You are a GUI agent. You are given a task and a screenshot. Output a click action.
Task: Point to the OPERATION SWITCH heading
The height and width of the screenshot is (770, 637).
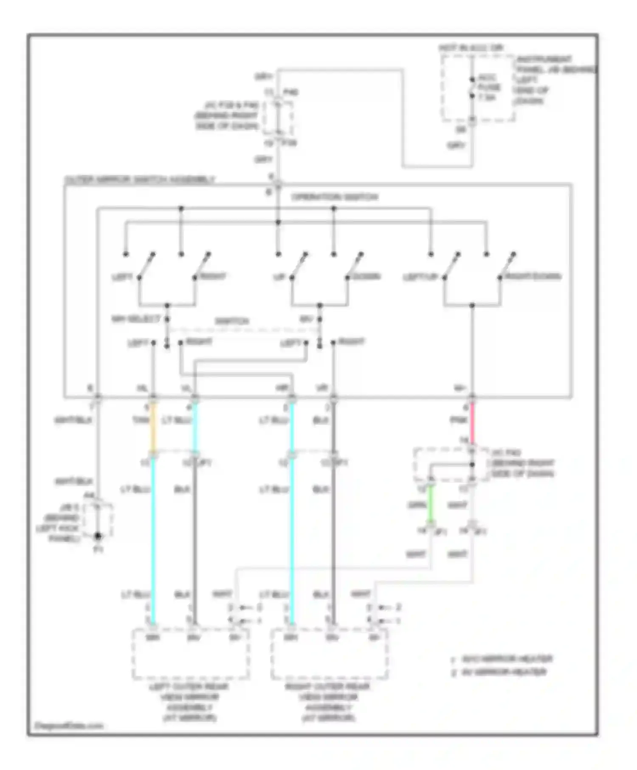click(x=334, y=197)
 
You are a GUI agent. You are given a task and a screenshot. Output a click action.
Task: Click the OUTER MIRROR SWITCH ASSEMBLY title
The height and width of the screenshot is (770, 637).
click(x=140, y=180)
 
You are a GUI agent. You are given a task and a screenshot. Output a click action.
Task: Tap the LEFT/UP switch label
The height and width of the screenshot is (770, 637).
click(x=420, y=277)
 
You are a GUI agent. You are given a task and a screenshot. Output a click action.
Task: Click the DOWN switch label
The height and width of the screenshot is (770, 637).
click(x=366, y=276)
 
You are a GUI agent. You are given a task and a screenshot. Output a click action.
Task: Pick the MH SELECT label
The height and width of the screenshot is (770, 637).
click(x=136, y=319)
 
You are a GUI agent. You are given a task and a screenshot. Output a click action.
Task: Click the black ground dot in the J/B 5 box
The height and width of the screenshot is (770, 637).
click(x=98, y=536)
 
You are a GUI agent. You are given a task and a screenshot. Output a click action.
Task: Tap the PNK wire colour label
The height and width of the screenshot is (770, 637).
click(x=459, y=420)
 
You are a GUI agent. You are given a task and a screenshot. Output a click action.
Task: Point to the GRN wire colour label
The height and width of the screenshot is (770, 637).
click(x=417, y=505)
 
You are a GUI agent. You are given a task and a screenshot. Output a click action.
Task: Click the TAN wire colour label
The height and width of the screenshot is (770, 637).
click(x=141, y=420)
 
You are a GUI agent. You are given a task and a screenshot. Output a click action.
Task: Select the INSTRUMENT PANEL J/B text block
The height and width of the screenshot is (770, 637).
click(x=552, y=80)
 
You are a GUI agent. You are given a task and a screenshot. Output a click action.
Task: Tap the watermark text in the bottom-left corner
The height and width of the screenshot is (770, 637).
click(x=68, y=725)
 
